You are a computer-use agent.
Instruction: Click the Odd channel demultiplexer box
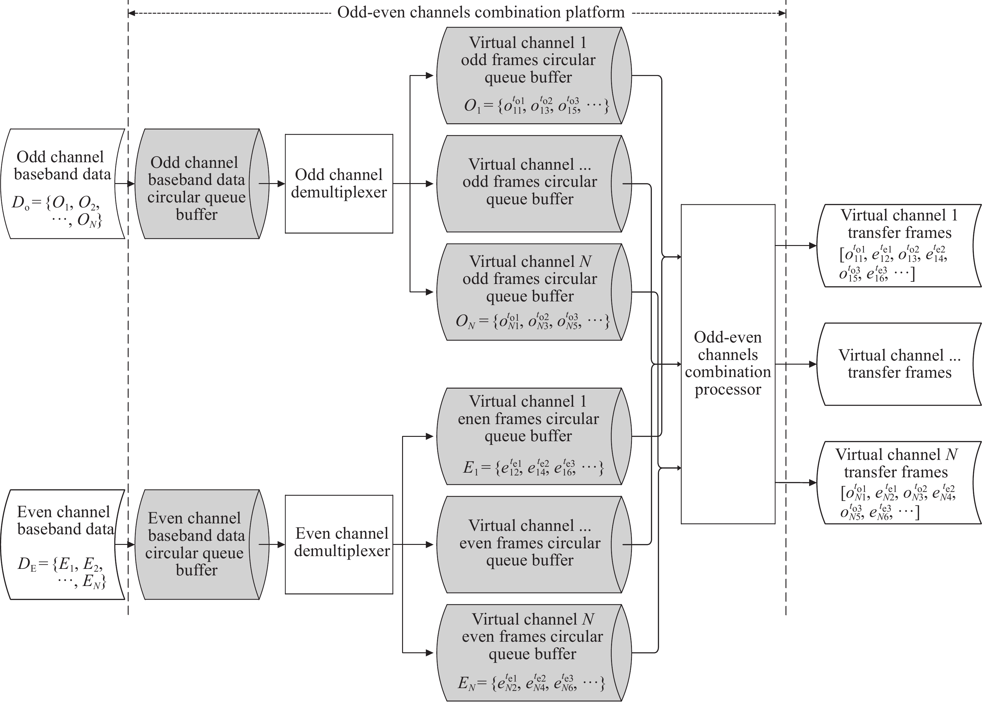pyautogui.click(x=339, y=184)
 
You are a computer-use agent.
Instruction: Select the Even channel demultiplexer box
pyautogui.click(x=339, y=544)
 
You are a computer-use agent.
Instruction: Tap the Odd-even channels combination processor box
pyautogui.click(x=728, y=364)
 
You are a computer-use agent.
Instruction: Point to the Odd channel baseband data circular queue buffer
pyautogui.click(x=202, y=184)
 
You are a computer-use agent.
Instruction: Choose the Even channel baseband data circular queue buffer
pyautogui.click(x=202, y=544)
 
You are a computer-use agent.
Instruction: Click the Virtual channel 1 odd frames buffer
pyautogui.click(x=534, y=76)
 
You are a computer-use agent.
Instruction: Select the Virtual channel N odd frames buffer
pyautogui.click(x=534, y=292)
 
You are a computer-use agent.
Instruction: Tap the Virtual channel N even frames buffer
pyautogui.click(x=534, y=653)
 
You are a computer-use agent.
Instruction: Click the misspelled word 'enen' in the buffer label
pyautogui.click(x=474, y=419)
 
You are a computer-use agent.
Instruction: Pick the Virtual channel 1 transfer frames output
pyautogui.click(x=899, y=245)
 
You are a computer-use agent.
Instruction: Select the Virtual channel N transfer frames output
pyautogui.click(x=899, y=482)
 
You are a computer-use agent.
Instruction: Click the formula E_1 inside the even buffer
pyautogui.click(x=534, y=467)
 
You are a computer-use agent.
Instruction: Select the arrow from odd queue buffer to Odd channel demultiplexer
pyautogui.click(x=272, y=184)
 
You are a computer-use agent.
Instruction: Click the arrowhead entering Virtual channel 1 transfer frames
pyautogui.click(x=813, y=245)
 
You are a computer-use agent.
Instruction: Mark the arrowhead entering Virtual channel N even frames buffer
pyautogui.click(x=429, y=653)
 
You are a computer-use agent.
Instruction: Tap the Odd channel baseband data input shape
pyautogui.click(x=63, y=184)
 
